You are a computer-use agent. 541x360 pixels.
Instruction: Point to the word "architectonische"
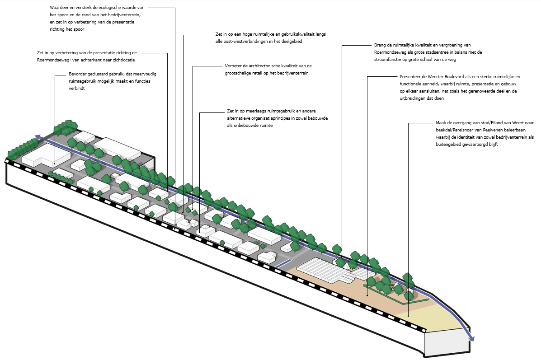pyautogui.click(x=257, y=66)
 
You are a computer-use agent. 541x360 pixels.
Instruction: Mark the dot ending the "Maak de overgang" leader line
pyautogui.click(x=408, y=316)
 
